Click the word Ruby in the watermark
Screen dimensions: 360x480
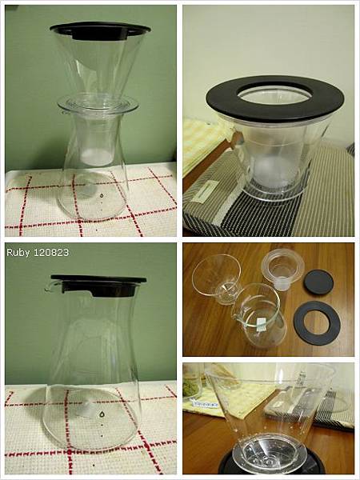click(x=18, y=253)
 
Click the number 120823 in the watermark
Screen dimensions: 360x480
click(x=51, y=252)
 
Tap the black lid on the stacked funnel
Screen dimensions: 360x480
click(x=100, y=30)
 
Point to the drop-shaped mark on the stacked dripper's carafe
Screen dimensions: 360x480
click(x=102, y=194)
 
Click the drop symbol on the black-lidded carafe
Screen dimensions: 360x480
click(x=102, y=414)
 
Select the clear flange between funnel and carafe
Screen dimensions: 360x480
click(x=98, y=104)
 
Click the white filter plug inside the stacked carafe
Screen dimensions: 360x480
click(x=97, y=157)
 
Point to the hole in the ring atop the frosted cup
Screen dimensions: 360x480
click(x=274, y=93)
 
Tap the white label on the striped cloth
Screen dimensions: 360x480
click(x=203, y=190)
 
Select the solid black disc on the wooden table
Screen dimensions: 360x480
click(x=318, y=282)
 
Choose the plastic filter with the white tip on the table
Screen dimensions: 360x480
click(x=282, y=269)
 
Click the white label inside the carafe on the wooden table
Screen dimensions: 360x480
click(x=262, y=325)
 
